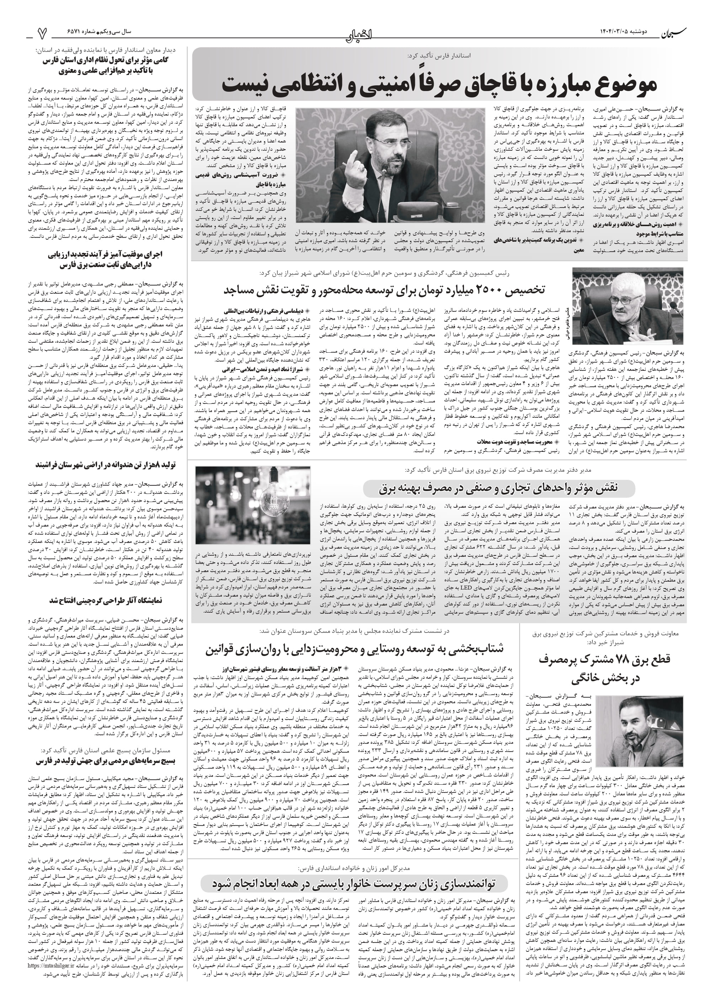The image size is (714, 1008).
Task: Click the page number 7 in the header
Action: (42, 33)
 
